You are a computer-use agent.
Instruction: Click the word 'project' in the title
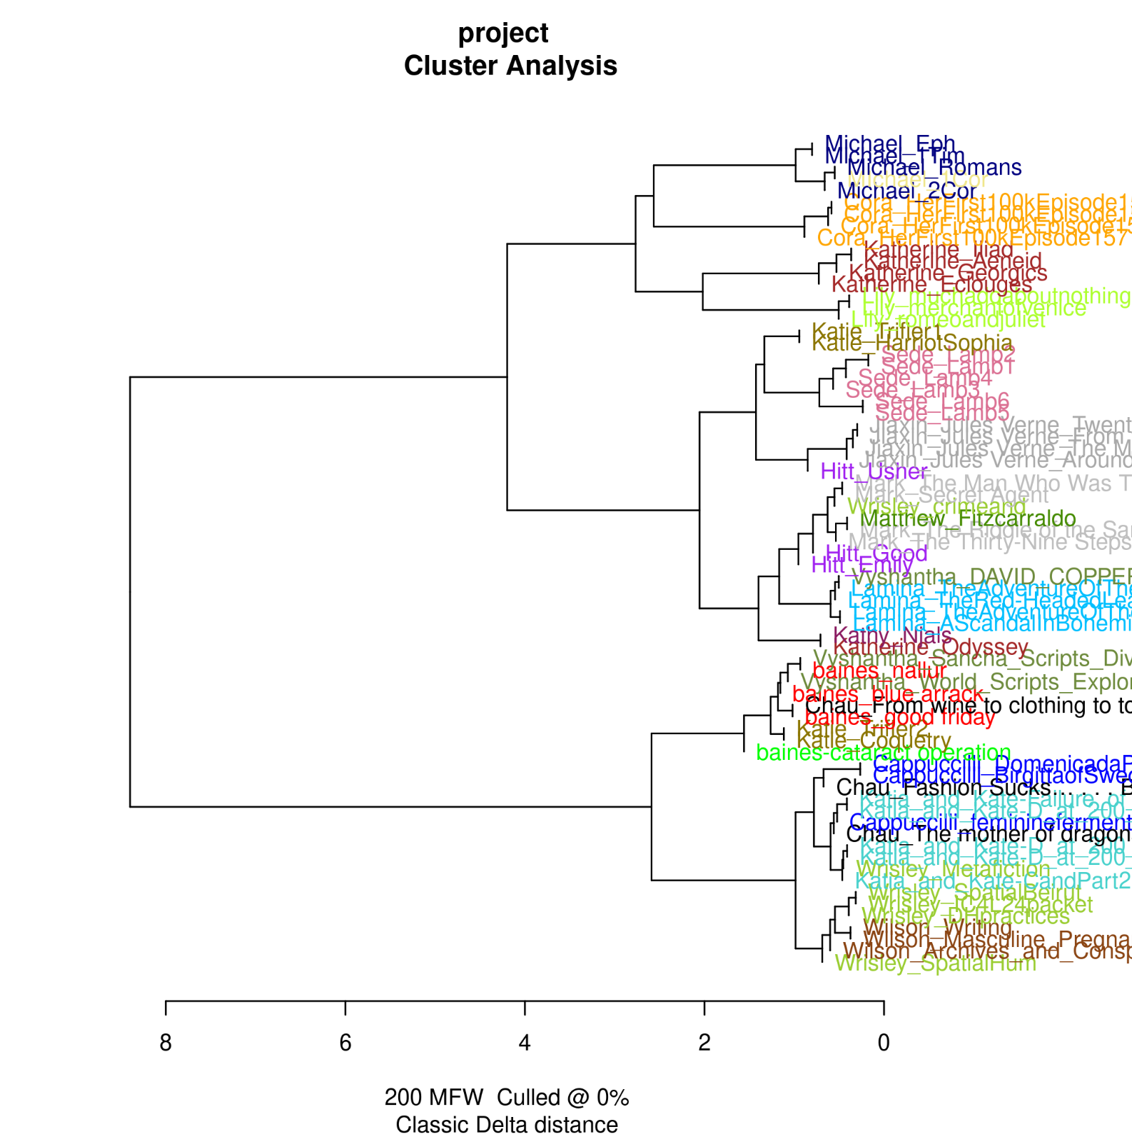[503, 34]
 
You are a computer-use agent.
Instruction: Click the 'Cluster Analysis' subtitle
[510, 66]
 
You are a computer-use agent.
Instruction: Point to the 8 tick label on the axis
[166, 1043]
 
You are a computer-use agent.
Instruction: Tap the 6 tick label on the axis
[345, 1043]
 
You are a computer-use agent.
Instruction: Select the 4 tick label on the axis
[525, 1043]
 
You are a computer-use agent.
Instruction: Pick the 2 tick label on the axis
[704, 1043]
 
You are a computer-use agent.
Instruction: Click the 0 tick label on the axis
[884, 1043]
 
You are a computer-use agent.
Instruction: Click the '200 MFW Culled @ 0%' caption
[507, 1097]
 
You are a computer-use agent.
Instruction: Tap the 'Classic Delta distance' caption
[507, 1124]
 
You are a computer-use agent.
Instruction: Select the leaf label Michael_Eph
[889, 144]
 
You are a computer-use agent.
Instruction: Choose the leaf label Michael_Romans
[934, 167]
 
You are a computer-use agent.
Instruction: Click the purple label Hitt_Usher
[874, 471]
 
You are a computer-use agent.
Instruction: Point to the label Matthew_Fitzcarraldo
[968, 519]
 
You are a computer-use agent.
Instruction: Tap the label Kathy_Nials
[892, 635]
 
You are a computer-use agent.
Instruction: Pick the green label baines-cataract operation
[884, 753]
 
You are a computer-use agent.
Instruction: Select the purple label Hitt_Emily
[862, 565]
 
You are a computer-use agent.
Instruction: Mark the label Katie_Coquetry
[874, 741]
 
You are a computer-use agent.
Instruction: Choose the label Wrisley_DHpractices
[966, 916]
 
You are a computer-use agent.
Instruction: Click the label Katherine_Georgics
[948, 273]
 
